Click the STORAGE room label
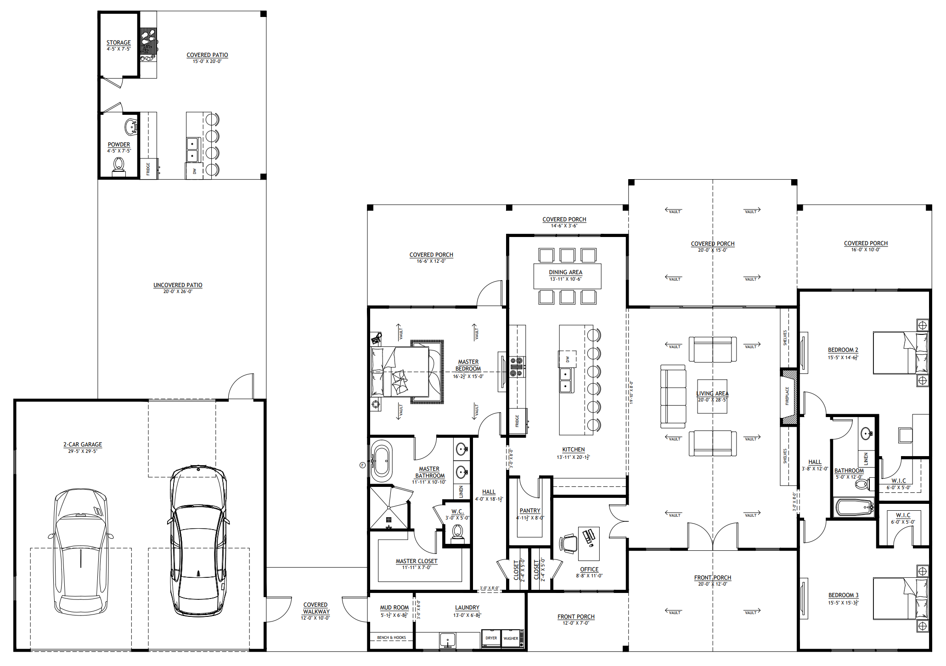(x=118, y=42)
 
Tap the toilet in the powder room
(x=119, y=166)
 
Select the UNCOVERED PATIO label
(x=178, y=285)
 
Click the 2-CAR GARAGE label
(x=83, y=444)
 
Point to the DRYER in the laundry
(x=491, y=638)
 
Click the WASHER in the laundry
(x=511, y=638)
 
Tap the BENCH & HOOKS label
(x=391, y=638)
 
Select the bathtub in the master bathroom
(x=381, y=461)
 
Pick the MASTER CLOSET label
(x=417, y=561)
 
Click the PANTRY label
(x=530, y=510)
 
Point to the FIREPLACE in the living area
(x=788, y=396)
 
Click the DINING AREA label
(x=565, y=272)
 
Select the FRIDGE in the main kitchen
(x=518, y=421)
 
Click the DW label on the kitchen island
(x=568, y=359)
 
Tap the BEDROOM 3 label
(x=843, y=595)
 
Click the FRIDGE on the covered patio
(x=148, y=169)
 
